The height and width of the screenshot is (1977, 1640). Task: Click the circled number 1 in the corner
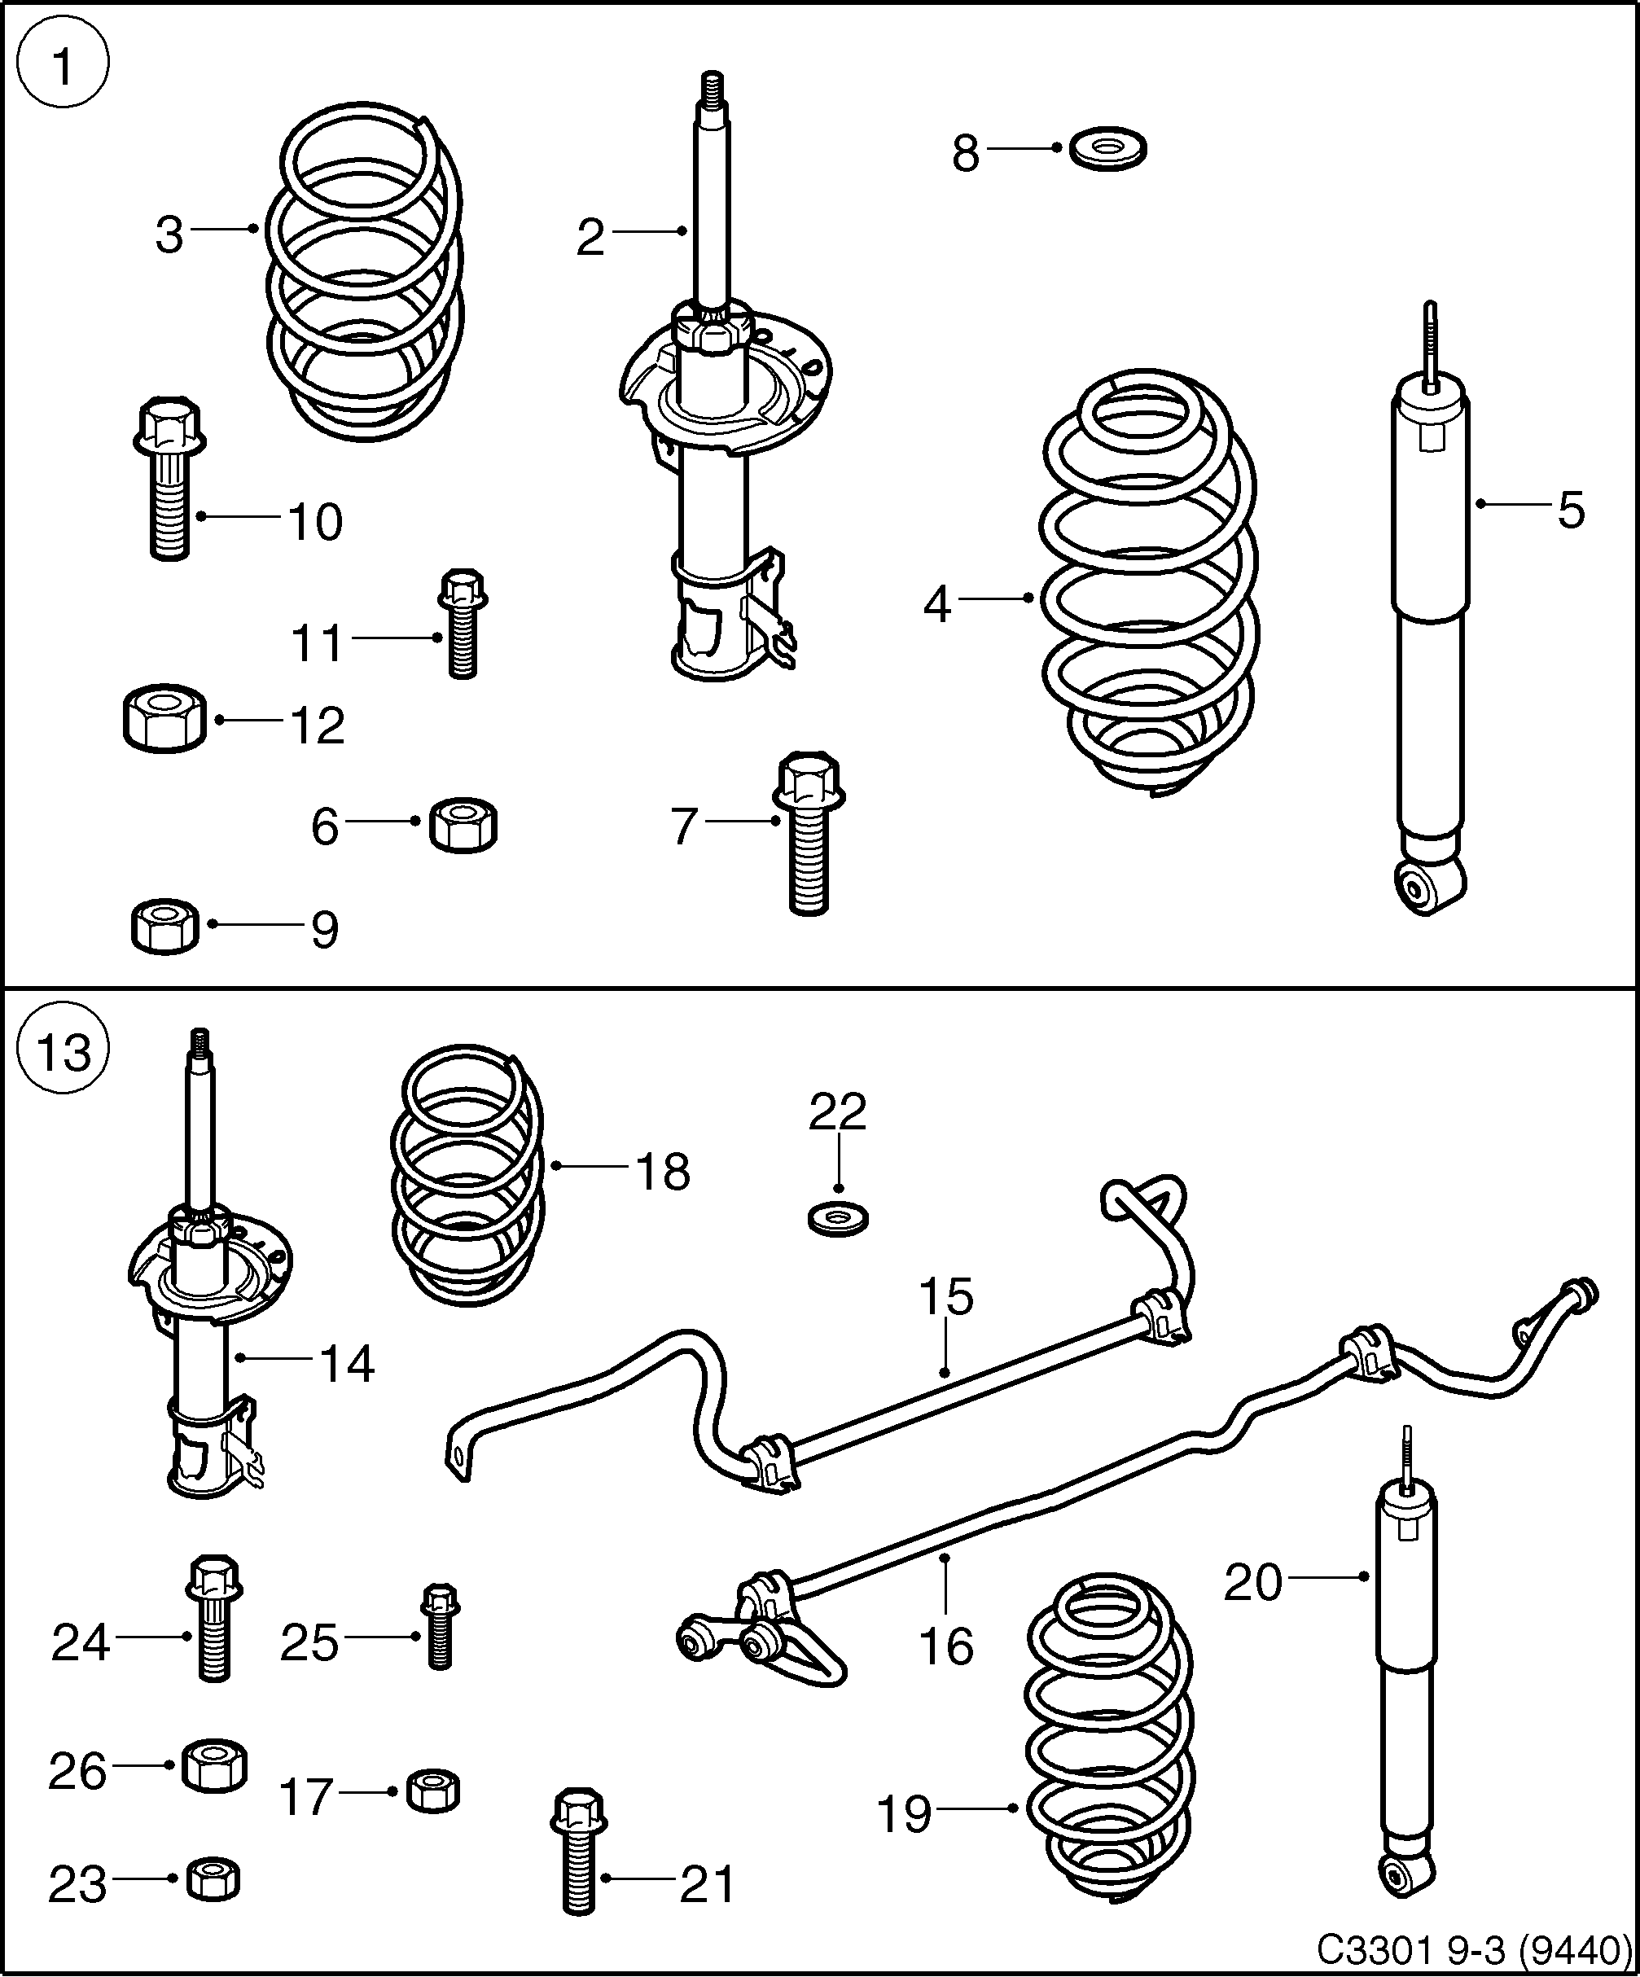pos(63,67)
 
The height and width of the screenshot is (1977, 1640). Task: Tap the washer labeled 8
pos(1108,149)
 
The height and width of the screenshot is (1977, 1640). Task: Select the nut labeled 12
pos(164,719)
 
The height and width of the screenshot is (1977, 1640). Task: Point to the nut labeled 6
pos(463,826)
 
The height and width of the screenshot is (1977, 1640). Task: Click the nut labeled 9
pos(164,927)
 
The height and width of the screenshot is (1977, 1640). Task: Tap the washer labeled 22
pos(838,1218)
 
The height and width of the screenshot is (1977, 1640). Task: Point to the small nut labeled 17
pos(434,1790)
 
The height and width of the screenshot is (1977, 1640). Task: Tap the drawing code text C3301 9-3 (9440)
pos(1472,1948)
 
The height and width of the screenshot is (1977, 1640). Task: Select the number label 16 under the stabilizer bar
pos(945,1646)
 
